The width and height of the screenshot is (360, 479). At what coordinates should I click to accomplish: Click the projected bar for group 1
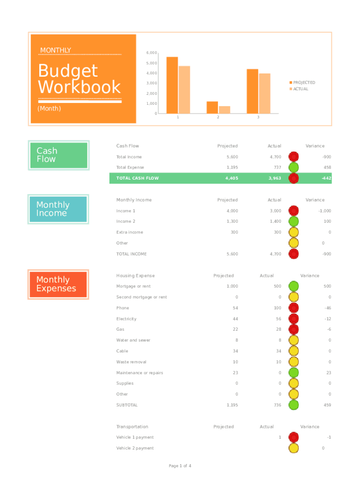(x=172, y=85)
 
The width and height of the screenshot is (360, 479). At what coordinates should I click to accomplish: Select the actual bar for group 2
(x=224, y=110)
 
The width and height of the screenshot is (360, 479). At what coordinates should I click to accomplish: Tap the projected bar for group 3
(x=252, y=91)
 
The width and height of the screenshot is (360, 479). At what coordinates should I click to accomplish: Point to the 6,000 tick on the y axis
(x=151, y=53)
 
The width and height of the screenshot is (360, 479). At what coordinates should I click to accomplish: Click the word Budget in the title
(x=68, y=71)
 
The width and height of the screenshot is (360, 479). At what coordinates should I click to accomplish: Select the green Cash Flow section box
(x=58, y=155)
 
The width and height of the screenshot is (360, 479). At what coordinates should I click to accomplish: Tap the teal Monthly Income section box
(x=58, y=209)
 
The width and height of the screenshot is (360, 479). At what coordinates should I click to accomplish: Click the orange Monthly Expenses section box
(x=58, y=284)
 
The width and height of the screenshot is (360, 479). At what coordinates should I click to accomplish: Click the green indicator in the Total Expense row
(x=294, y=167)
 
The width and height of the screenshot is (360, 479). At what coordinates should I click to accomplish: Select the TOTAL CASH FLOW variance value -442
(x=326, y=178)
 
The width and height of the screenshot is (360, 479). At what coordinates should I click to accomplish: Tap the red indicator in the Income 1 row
(x=294, y=211)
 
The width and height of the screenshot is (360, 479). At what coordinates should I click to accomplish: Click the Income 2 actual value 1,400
(x=274, y=221)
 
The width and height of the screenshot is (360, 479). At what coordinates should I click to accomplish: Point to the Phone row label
(x=122, y=308)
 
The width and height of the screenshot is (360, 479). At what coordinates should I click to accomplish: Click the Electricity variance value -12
(x=328, y=319)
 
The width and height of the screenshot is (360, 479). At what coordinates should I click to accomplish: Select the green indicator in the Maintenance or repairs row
(x=294, y=373)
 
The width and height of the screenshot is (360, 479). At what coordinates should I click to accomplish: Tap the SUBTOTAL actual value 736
(x=277, y=405)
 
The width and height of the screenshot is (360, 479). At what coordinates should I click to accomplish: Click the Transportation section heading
(x=132, y=427)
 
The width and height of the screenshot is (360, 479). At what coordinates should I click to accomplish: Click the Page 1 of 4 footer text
(x=180, y=466)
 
